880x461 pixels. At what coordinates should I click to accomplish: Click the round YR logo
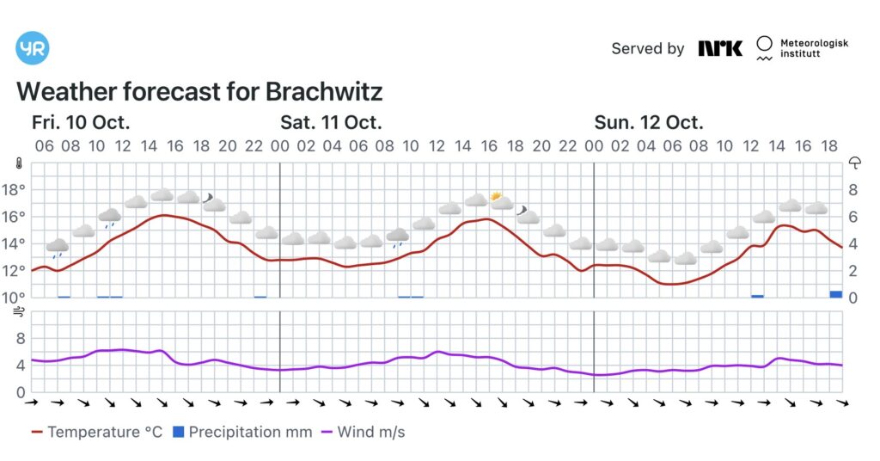click(33, 48)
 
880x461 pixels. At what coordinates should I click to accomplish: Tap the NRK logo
click(720, 48)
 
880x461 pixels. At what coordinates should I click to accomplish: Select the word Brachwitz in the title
click(324, 92)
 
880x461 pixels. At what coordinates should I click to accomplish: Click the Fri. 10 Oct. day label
click(82, 122)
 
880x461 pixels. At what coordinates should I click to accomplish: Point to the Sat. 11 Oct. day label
click(331, 122)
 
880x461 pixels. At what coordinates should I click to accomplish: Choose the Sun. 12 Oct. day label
click(649, 122)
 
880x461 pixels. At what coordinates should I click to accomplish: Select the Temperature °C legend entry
click(96, 432)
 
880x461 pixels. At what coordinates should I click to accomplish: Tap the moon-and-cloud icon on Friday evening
click(212, 201)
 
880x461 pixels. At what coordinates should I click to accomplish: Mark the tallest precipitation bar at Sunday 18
click(835, 294)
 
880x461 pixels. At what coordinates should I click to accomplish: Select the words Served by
click(647, 48)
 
